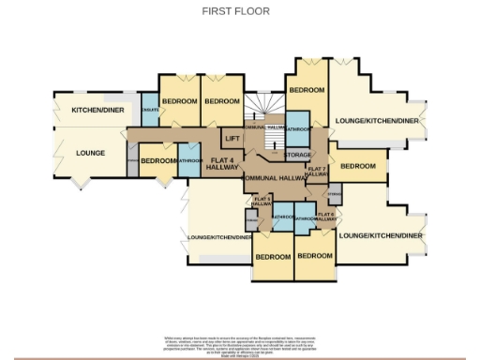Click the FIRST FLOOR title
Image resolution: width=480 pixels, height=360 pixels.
click(235, 11)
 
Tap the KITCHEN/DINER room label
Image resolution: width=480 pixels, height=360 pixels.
click(98, 111)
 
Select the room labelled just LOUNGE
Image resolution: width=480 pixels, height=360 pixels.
click(90, 152)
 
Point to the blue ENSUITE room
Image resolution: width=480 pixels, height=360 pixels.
click(149, 110)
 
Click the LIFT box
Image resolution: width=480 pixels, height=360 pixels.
click(232, 138)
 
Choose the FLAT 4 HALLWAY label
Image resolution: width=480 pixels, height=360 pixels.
click(221, 164)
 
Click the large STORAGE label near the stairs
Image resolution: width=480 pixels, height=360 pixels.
click(298, 155)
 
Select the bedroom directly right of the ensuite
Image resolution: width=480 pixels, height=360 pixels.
click(179, 101)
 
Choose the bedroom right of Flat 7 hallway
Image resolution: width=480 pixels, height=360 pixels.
click(357, 166)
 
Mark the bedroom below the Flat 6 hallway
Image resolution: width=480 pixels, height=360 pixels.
click(315, 255)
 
